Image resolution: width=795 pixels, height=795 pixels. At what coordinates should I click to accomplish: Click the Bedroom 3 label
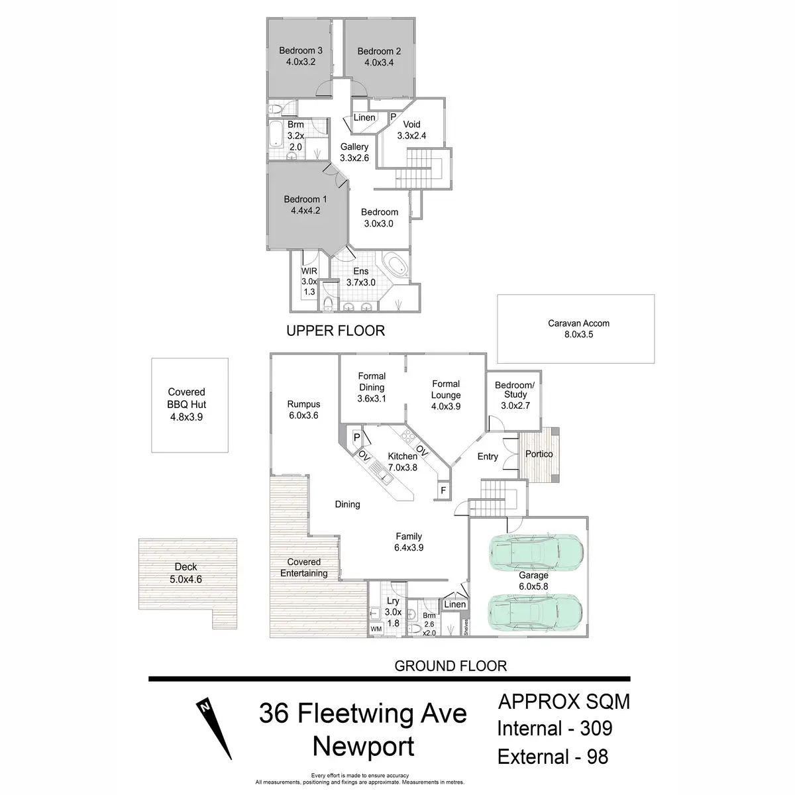click(301, 56)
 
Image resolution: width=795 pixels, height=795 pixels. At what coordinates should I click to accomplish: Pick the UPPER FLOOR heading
click(335, 331)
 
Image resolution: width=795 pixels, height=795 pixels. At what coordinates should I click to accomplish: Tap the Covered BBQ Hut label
click(186, 404)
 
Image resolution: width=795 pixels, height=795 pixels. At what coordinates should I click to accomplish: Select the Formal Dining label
click(372, 387)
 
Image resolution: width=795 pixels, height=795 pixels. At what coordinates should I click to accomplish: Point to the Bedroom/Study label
click(515, 395)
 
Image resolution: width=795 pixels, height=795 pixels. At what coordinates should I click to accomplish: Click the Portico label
click(539, 454)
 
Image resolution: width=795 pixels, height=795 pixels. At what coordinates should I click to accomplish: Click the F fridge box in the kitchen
click(442, 491)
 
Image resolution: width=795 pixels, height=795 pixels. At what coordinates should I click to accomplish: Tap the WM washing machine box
click(376, 628)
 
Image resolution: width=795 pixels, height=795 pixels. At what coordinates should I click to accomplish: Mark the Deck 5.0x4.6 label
click(186, 573)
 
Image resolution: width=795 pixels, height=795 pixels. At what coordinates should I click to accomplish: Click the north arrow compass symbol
click(215, 728)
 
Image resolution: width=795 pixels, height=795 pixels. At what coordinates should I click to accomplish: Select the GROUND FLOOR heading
click(450, 666)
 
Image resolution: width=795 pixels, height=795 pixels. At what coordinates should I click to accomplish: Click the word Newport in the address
click(363, 746)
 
